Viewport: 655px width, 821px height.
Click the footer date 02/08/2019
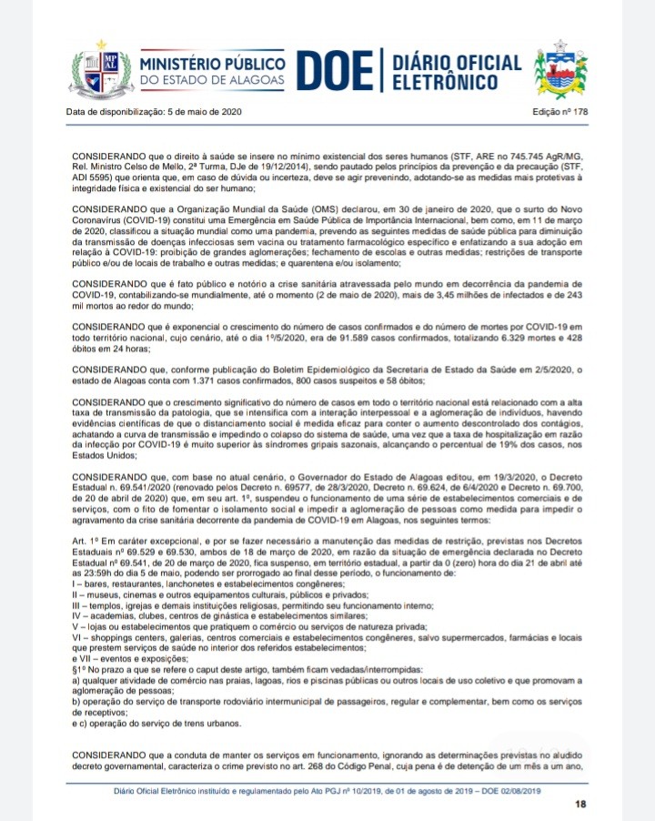[x=519, y=791]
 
